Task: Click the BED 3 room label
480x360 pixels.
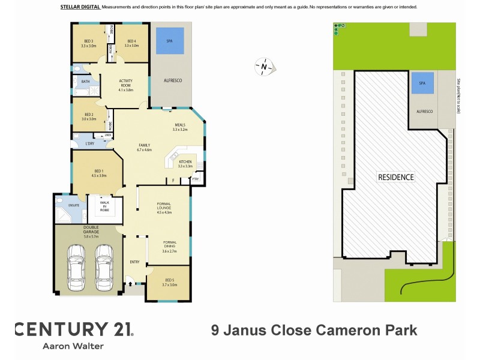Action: tap(88, 41)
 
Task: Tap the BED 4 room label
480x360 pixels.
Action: tap(131, 41)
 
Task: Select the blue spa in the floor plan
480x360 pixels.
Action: tap(170, 41)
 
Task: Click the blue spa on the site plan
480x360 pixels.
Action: tap(422, 83)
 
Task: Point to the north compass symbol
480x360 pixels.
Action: tap(263, 67)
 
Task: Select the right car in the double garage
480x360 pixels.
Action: tap(104, 266)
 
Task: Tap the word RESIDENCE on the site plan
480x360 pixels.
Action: tap(395, 177)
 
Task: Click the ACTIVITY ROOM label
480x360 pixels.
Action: tap(125, 84)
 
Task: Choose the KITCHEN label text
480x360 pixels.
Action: tap(185, 163)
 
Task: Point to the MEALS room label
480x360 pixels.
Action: tap(180, 126)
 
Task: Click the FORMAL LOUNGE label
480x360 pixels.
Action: tap(164, 208)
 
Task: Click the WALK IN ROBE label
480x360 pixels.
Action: tap(104, 208)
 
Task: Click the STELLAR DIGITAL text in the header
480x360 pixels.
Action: tap(80, 7)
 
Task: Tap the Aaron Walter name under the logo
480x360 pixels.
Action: tap(73, 346)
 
